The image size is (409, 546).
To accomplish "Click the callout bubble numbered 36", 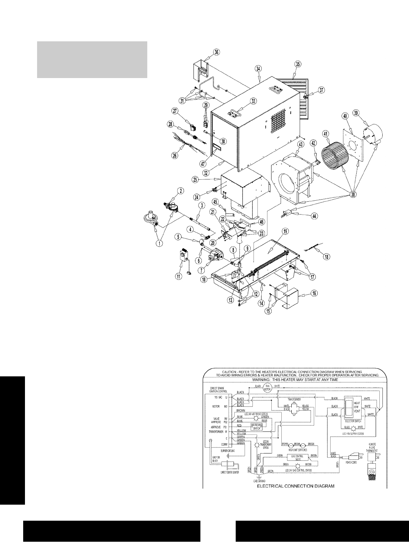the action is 216,52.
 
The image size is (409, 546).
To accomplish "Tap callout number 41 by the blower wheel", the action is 325,134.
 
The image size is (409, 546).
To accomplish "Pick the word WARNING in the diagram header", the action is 268,380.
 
